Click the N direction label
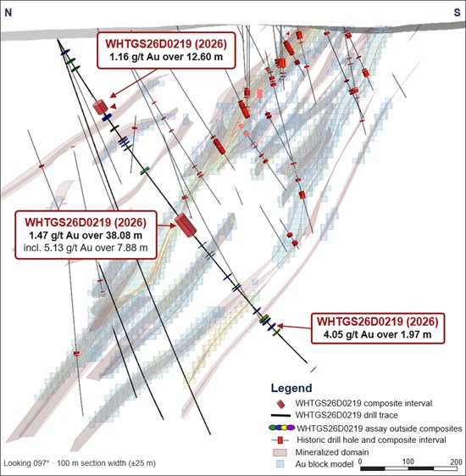(8, 13)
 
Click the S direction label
(457, 13)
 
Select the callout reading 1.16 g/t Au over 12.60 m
(166, 50)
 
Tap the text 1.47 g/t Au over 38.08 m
(86, 235)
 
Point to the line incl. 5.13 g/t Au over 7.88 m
(86, 248)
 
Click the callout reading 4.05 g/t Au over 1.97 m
(378, 328)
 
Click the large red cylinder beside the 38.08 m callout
(186, 225)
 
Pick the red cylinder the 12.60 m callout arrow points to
(100, 107)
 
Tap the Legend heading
(291, 388)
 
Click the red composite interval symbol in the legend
(280, 404)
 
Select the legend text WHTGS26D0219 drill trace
(347, 415)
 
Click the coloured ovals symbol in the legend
(281, 428)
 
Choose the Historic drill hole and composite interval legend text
(371, 440)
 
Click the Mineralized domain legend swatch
(280, 452)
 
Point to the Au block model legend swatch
(280, 464)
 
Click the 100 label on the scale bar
(408, 462)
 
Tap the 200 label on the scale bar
(456, 462)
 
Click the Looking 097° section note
(80, 463)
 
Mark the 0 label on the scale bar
(360, 462)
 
